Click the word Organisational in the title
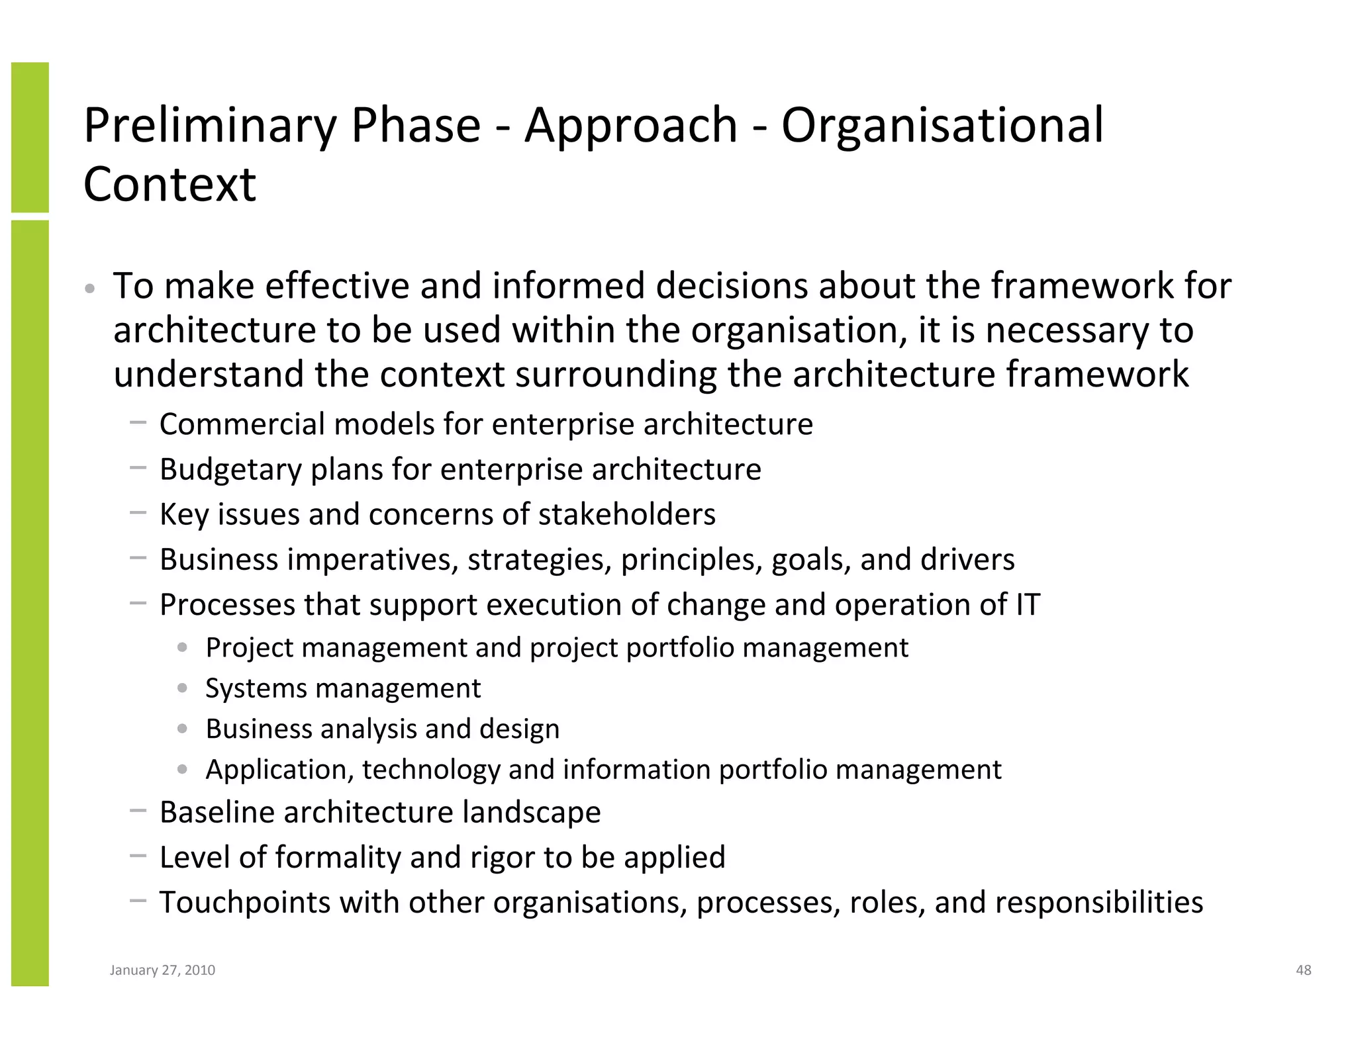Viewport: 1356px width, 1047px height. point(942,126)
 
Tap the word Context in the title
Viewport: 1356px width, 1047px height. point(169,184)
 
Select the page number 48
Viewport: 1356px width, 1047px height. point(1303,970)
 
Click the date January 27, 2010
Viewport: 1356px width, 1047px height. point(162,970)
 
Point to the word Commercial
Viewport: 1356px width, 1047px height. point(242,424)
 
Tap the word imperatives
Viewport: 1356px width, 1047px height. point(373,560)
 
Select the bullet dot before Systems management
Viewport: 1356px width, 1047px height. point(183,688)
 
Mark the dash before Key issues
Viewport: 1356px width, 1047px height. point(138,513)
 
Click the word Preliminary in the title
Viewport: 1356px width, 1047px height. point(211,126)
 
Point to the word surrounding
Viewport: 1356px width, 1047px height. point(616,375)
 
